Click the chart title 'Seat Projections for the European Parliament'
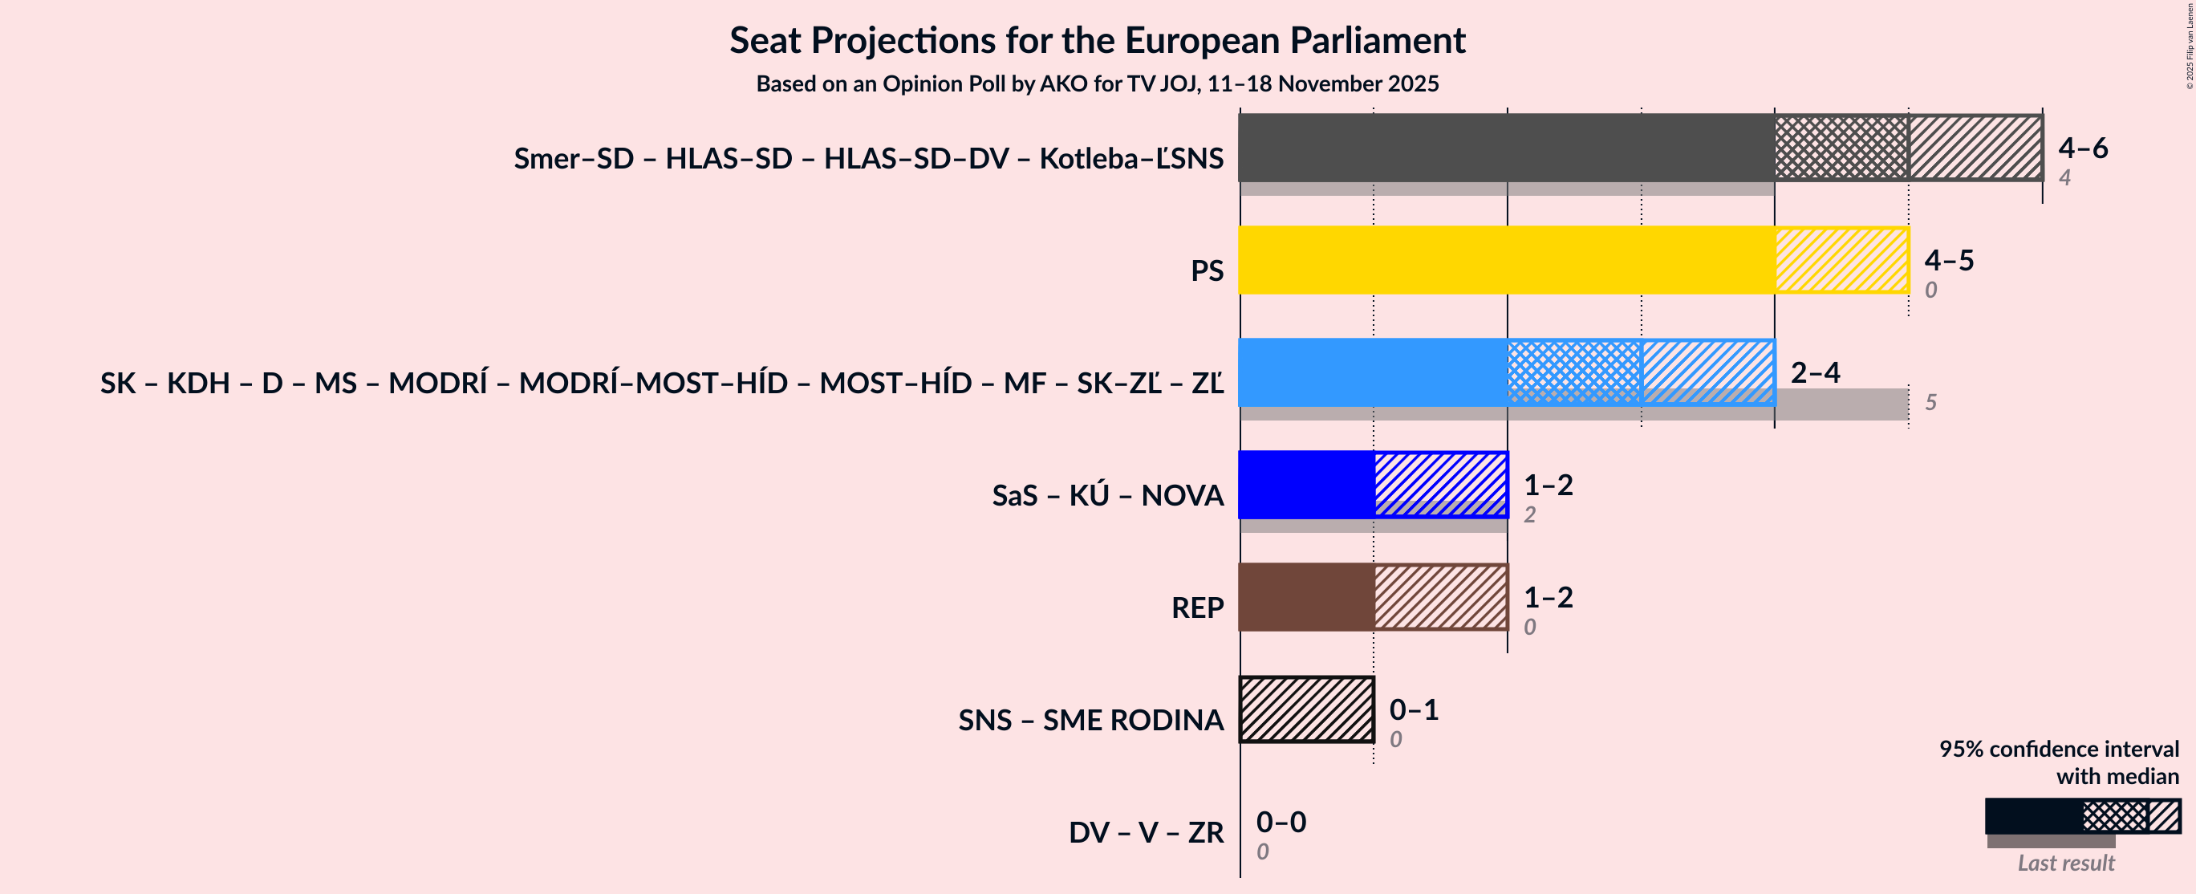click(x=1097, y=40)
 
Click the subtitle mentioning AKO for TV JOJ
click(x=1097, y=83)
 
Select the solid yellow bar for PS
click(x=1506, y=260)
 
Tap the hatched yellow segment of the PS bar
click(x=1841, y=260)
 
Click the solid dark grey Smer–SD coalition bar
click(x=1506, y=148)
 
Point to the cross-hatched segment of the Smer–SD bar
click(x=1841, y=148)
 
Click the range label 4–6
click(x=2082, y=148)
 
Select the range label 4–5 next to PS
click(x=1948, y=260)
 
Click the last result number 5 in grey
click(x=1931, y=402)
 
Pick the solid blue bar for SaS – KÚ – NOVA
click(x=1305, y=485)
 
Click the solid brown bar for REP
click(x=1305, y=597)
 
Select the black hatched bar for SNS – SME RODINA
click(x=1306, y=709)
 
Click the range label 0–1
click(x=1414, y=709)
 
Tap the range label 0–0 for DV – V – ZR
click(x=1281, y=822)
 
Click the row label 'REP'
click(x=1197, y=608)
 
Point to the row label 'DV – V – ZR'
click(x=1146, y=831)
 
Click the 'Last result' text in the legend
click(x=2064, y=863)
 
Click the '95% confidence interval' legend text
click(x=2058, y=749)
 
